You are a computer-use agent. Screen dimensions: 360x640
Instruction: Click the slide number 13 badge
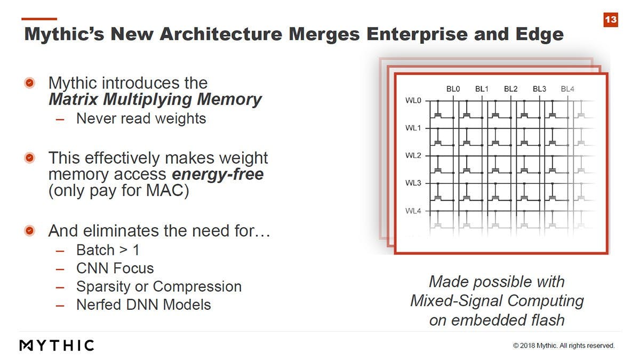click(x=611, y=20)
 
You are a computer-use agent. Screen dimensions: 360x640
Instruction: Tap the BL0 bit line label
click(x=453, y=89)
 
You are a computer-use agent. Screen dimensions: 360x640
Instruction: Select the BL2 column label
click(x=510, y=89)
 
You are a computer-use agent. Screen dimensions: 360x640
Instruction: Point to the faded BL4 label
click(x=567, y=89)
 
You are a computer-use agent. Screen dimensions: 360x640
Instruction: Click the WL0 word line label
click(x=413, y=100)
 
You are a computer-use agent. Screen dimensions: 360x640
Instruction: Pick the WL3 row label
click(x=413, y=183)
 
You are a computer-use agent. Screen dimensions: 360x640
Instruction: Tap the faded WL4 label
click(x=413, y=211)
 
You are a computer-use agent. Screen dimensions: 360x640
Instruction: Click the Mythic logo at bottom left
click(x=57, y=345)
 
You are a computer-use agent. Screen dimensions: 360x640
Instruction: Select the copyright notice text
click(x=564, y=346)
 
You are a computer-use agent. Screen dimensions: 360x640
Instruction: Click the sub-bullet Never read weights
click(x=141, y=118)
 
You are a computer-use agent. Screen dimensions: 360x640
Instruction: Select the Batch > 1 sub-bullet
click(x=108, y=250)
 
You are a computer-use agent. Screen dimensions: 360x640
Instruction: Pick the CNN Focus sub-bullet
click(x=115, y=268)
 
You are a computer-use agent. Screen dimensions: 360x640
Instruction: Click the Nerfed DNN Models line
click(x=143, y=305)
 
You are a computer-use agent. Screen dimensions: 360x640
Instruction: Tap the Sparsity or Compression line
click(x=158, y=286)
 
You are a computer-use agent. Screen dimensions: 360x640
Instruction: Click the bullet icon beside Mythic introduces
click(x=30, y=83)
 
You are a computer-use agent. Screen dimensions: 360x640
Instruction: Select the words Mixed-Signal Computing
click(x=497, y=301)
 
